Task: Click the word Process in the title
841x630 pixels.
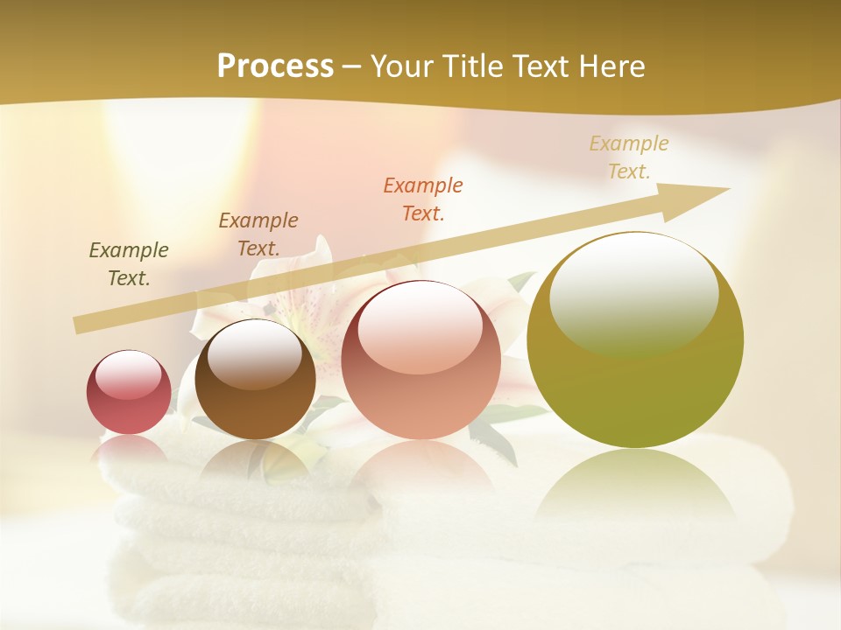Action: (275, 66)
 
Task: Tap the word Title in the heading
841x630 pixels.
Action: (473, 66)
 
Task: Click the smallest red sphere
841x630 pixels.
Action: (129, 393)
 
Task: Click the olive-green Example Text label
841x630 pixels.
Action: (129, 264)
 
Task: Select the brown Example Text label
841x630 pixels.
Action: (258, 234)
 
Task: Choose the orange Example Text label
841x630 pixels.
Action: (423, 199)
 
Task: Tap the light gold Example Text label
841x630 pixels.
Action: (629, 157)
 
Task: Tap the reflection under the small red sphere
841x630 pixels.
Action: (129, 448)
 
